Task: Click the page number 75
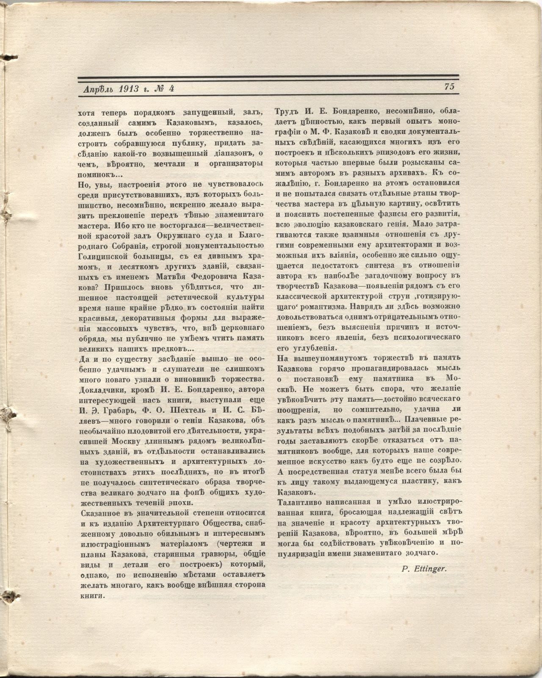coord(449,86)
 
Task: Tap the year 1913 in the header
coord(126,89)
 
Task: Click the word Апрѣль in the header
coord(98,89)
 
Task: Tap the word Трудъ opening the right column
coord(287,112)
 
